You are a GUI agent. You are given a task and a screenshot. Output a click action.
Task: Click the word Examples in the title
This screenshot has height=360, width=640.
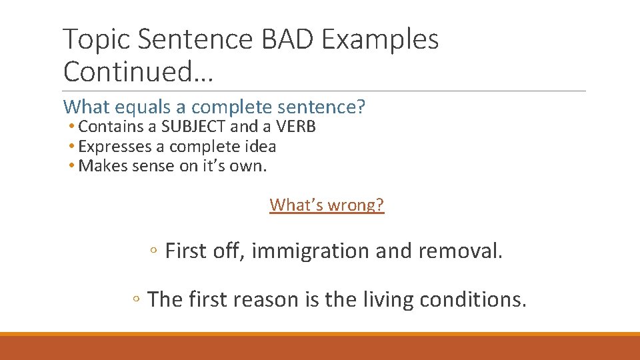tap(380, 41)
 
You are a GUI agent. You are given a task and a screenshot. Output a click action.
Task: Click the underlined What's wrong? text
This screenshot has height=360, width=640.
tap(327, 205)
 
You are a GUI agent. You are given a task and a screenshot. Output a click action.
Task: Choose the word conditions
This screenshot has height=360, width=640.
tap(473, 300)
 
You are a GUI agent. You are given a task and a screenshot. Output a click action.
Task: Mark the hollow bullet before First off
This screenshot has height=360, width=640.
tap(153, 252)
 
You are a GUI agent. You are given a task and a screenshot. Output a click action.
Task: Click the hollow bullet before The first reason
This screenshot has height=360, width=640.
tap(136, 301)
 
